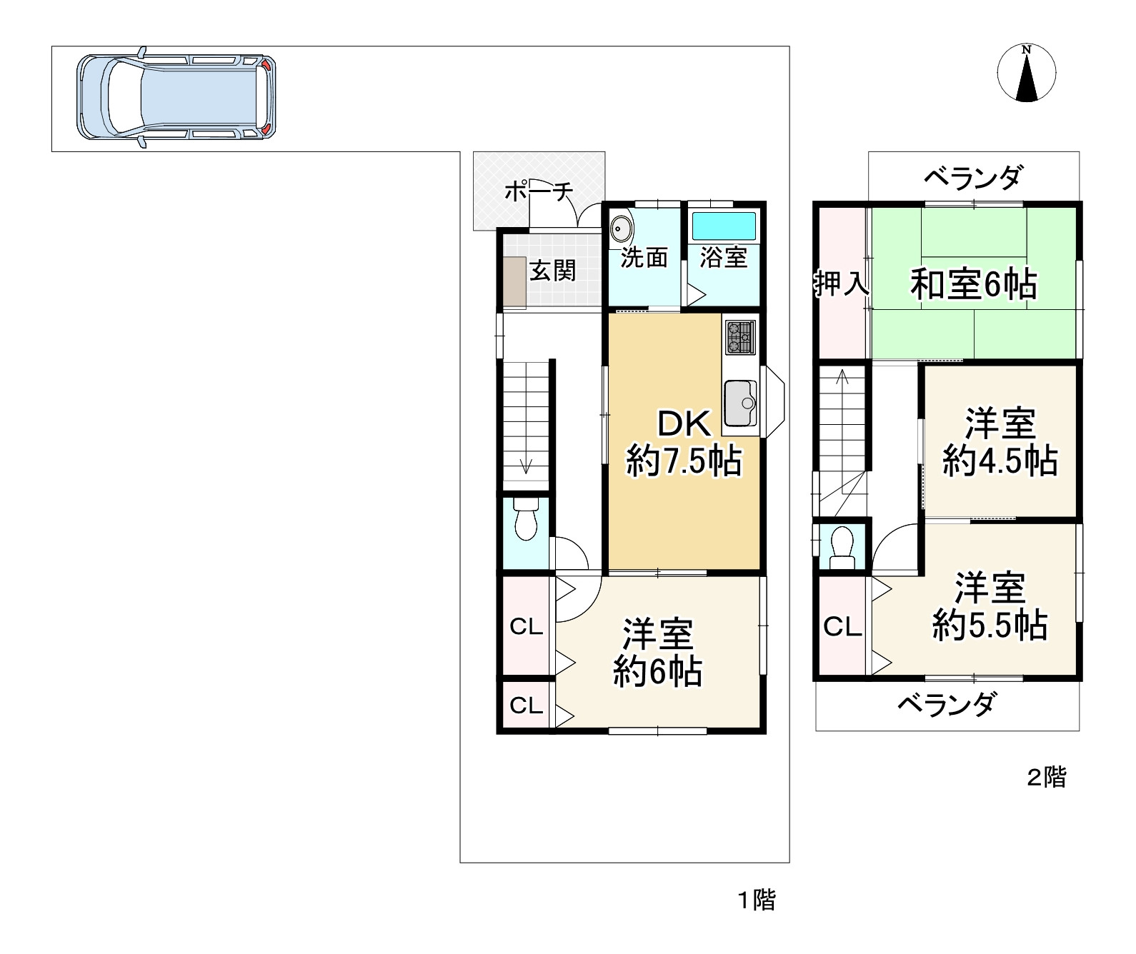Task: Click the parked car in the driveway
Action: tap(176, 96)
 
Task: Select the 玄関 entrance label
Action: tap(552, 271)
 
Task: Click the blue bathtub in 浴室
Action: tap(724, 226)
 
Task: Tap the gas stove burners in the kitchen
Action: tap(740, 337)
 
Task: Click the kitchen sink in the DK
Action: tap(740, 403)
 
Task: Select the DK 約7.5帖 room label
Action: tap(684, 443)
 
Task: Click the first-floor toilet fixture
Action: tap(527, 523)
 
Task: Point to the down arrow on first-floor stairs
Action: tap(527, 465)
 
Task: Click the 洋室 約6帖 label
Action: tap(657, 653)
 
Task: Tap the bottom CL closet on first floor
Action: tap(527, 706)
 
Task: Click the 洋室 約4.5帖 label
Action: tap(1000, 442)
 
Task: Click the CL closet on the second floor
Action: tap(842, 627)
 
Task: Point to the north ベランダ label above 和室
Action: tap(972, 177)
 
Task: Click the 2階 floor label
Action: tap(1046, 777)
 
